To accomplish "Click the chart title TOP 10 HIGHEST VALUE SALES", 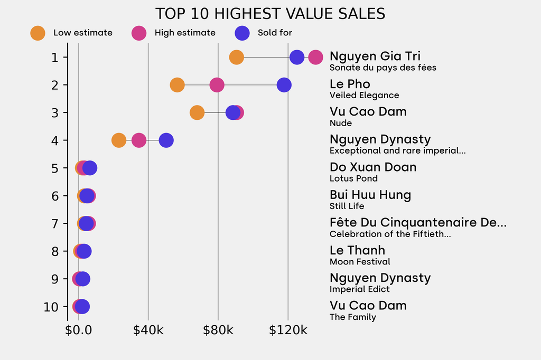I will pyautogui.click(x=270, y=13).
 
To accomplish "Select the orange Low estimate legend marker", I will pyautogui.click(x=38, y=33).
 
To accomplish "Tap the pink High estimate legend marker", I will pyautogui.click(x=139, y=33).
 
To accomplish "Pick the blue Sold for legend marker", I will pyautogui.click(x=242, y=33).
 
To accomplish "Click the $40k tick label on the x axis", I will pyautogui.click(x=148, y=331).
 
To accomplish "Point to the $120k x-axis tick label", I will pyautogui.click(x=288, y=331).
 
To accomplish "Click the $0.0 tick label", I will pyautogui.click(x=78, y=331).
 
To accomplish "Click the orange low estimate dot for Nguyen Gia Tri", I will pyautogui.click(x=237, y=57).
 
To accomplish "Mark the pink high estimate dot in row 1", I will pyautogui.click(x=315, y=57).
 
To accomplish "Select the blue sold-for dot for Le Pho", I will pyautogui.click(x=284, y=85).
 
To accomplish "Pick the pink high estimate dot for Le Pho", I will pyautogui.click(x=217, y=85).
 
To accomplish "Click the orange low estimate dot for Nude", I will pyautogui.click(x=197, y=112).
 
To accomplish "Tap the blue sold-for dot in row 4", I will pyautogui.click(x=166, y=140).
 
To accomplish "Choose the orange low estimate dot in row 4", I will pyautogui.click(x=119, y=140).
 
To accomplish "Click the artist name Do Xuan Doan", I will pyautogui.click(x=373, y=167).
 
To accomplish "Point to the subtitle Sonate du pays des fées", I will pyautogui.click(x=383, y=68).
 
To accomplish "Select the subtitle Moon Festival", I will pyautogui.click(x=360, y=262).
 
